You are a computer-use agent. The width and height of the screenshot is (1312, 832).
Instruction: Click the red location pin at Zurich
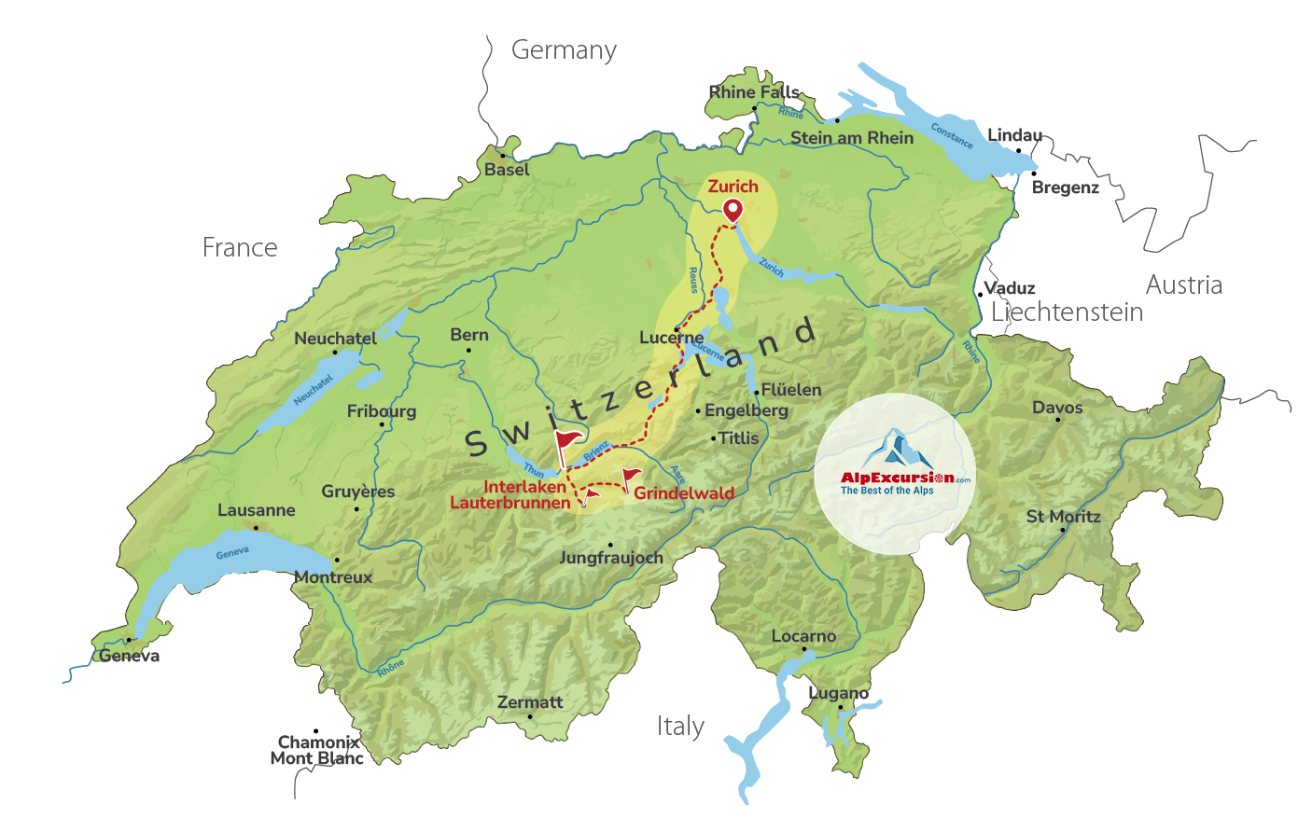(733, 209)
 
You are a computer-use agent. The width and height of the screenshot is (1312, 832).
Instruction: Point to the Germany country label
(564, 50)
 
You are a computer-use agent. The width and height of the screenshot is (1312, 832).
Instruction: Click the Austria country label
(1183, 284)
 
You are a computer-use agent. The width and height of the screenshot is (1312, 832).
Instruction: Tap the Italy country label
(680, 726)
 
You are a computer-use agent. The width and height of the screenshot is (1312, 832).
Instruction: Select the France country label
(240, 247)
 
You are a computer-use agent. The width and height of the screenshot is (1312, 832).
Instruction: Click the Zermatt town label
(530, 702)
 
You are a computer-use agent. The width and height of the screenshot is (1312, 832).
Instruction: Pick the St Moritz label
(1063, 516)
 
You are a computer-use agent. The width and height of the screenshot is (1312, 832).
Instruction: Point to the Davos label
(1057, 408)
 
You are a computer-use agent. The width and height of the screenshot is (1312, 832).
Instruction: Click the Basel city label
(507, 170)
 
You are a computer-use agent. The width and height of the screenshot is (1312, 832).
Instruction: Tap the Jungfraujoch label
(610, 558)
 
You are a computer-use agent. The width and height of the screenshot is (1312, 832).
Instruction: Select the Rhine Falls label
(754, 91)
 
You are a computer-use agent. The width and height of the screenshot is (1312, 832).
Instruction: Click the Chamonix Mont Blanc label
(317, 750)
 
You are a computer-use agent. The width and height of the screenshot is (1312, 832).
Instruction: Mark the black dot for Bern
(468, 351)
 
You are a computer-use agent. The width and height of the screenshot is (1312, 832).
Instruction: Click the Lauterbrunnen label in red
(510, 503)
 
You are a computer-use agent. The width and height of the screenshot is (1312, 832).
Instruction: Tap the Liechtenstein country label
(1067, 312)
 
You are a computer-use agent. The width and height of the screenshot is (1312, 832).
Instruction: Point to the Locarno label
(803, 636)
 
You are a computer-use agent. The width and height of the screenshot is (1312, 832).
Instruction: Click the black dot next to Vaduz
(980, 295)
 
